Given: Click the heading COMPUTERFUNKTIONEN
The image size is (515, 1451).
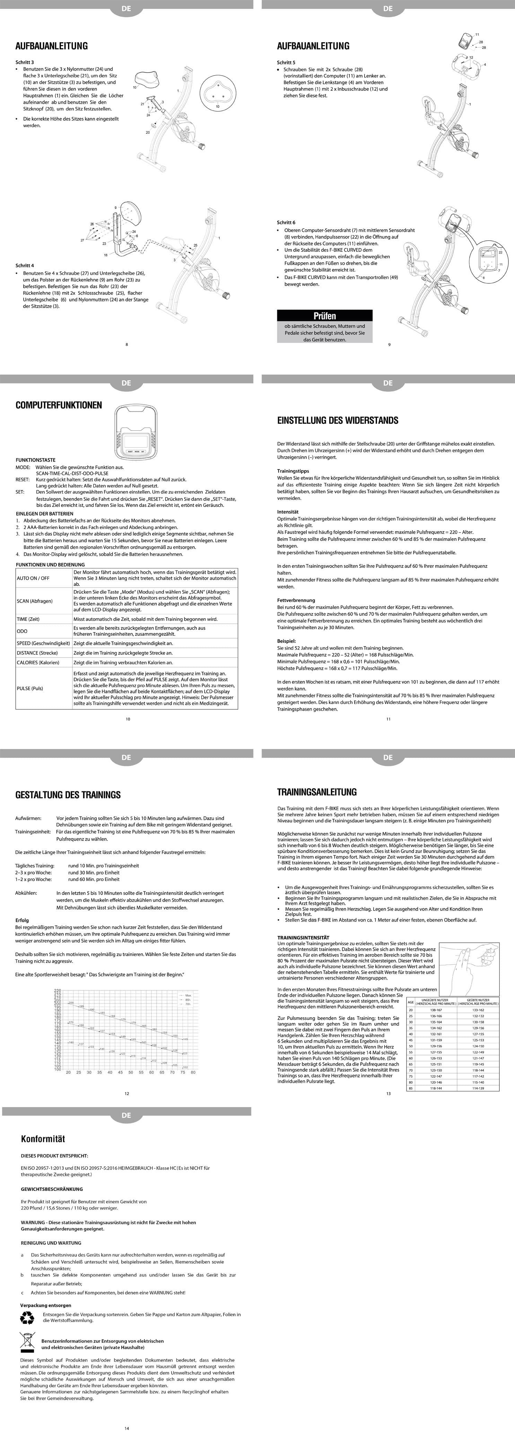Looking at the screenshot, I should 59,405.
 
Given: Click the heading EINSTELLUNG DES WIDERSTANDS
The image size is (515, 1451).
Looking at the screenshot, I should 338,420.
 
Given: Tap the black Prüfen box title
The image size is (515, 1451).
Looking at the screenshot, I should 324,316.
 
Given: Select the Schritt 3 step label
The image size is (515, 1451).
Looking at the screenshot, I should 25,62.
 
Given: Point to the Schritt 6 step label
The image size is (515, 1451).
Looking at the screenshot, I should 286,222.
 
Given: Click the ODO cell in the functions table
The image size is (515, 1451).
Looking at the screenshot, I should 22,631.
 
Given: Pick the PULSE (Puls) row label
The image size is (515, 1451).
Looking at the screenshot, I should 30,688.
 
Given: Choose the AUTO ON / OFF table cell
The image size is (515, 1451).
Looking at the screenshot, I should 33,578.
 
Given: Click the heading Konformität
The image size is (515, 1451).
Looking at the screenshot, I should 43,1138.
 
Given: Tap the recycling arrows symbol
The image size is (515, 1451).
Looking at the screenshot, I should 27,1318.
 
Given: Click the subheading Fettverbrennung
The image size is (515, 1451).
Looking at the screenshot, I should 296,600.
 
